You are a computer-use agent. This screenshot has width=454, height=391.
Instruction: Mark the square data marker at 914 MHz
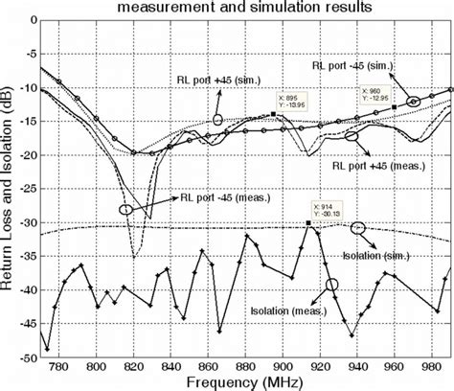(x=308, y=222)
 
